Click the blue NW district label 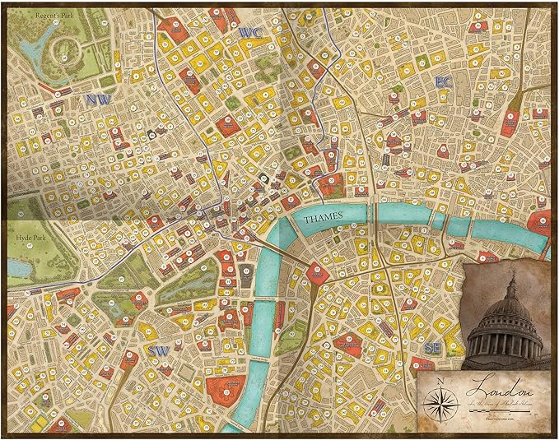pyautogui.click(x=96, y=100)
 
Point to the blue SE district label pyautogui.click(x=431, y=349)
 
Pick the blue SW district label pyautogui.click(x=159, y=350)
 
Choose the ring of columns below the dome pyautogui.click(x=504, y=341)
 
